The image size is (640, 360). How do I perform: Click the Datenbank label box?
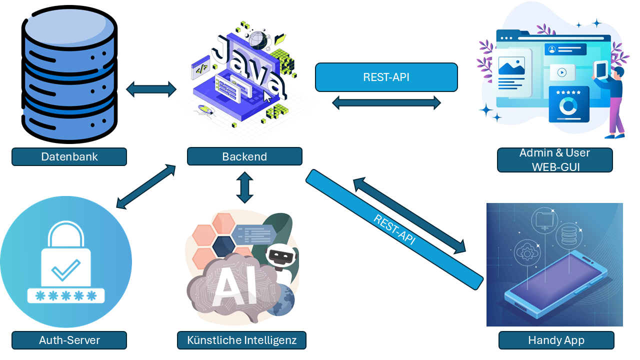pyautogui.click(x=69, y=156)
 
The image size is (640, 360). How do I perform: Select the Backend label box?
pyautogui.click(x=244, y=156)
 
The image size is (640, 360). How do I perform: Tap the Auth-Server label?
pyautogui.click(x=69, y=340)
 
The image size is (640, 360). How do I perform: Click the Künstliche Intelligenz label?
pyautogui.click(x=241, y=340)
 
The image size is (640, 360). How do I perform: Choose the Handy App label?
pyautogui.click(x=556, y=340)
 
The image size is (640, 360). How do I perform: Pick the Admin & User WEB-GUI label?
pyautogui.click(x=554, y=159)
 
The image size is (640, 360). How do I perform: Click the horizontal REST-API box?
pyautogui.click(x=386, y=77)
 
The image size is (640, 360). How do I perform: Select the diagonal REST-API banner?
pyautogui.click(x=395, y=229)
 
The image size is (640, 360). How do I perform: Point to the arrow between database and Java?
pyautogui.click(x=151, y=89)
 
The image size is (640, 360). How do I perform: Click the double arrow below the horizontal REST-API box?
pyautogui.click(x=386, y=103)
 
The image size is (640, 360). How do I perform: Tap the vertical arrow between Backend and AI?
pyautogui.click(x=245, y=187)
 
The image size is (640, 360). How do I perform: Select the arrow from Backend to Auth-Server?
pyautogui.click(x=146, y=186)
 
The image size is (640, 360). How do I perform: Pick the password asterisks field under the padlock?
pyautogui.click(x=66, y=295)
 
